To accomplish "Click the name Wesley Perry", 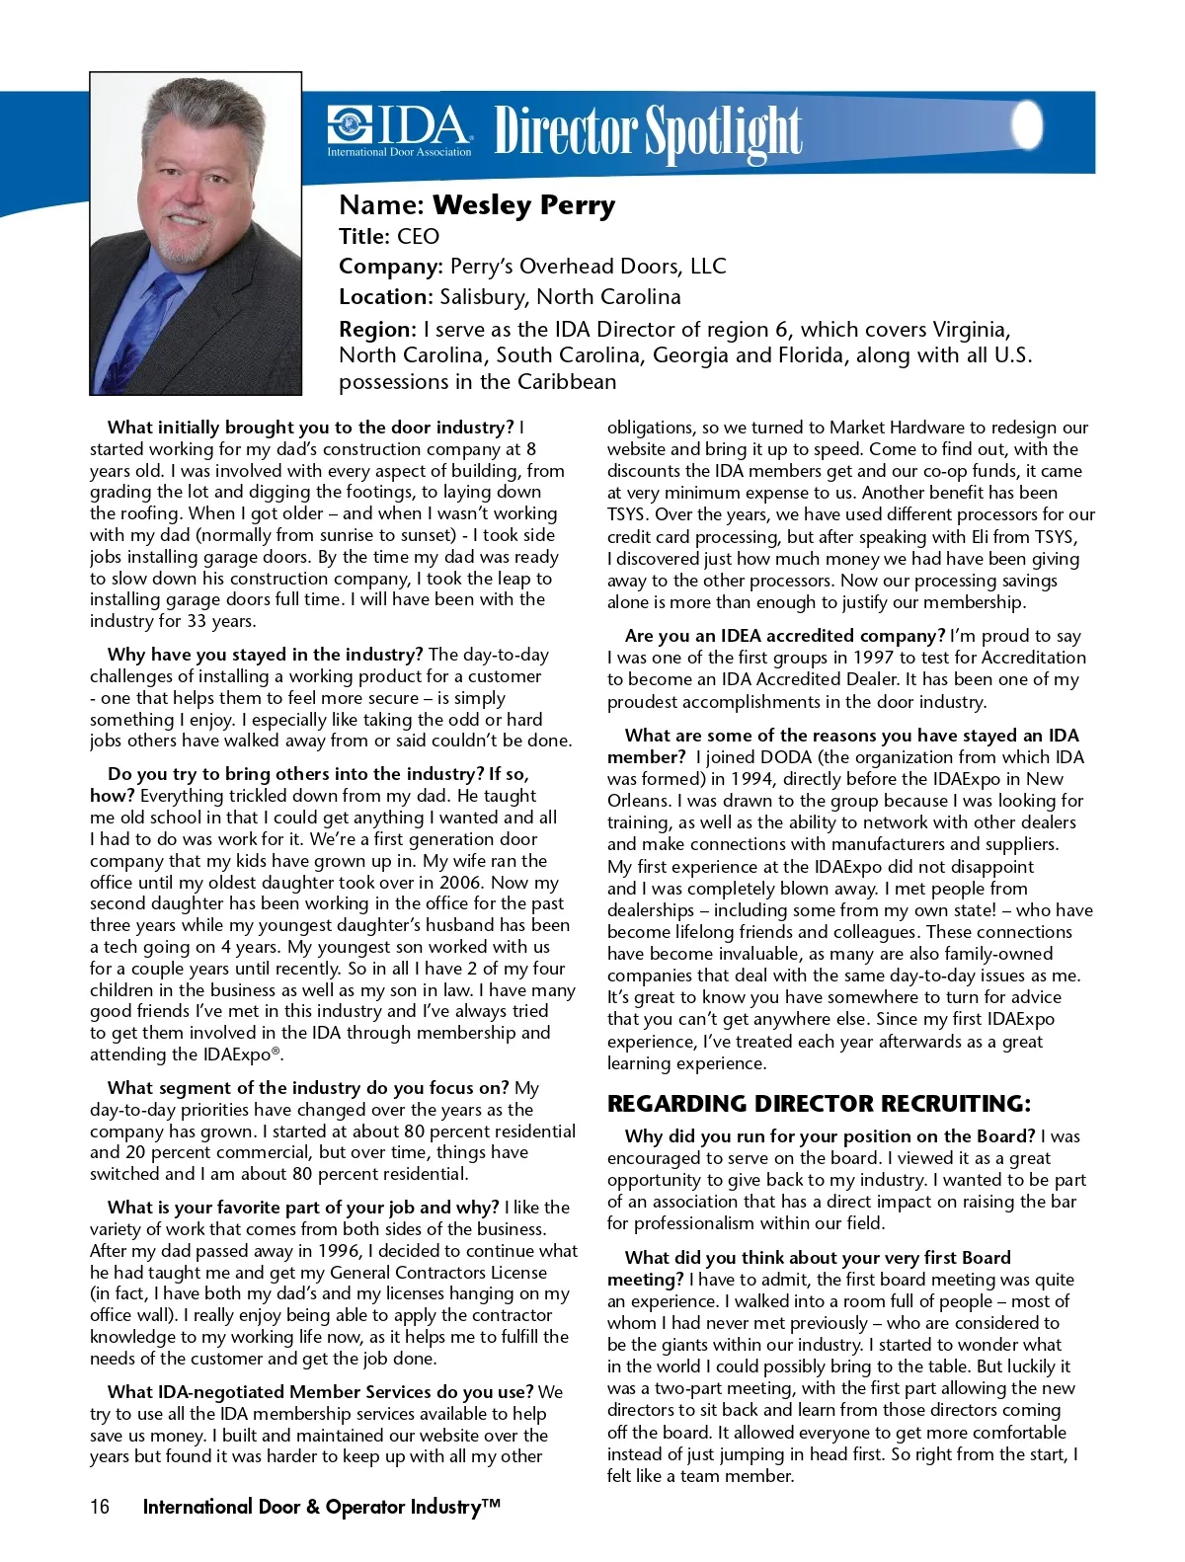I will tap(523, 205).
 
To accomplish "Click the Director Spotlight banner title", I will tap(648, 132).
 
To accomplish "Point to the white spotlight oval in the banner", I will tap(1028, 124).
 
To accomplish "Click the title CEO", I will tap(418, 237).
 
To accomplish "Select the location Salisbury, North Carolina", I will tap(560, 297).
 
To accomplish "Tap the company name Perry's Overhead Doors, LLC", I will tap(588, 267).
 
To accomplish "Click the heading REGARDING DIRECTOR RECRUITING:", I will tap(819, 1104).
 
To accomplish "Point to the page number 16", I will tap(100, 1507).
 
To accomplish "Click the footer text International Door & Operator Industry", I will tap(321, 1507).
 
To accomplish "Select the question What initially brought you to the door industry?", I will tap(311, 428).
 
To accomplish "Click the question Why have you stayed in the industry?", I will tap(266, 655).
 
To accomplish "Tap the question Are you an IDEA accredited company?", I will tap(785, 636).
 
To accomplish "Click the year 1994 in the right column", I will tap(750, 779).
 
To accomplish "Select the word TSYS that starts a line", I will tap(628, 514).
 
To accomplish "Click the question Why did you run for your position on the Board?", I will tap(829, 1136).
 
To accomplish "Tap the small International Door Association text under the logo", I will tap(399, 153).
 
